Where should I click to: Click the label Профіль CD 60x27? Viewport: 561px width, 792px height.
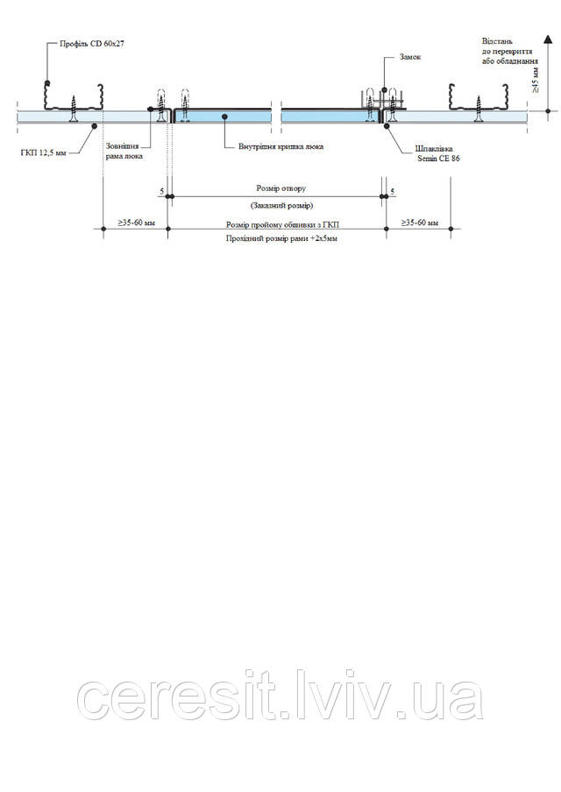91,44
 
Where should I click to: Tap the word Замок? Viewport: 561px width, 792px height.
410,57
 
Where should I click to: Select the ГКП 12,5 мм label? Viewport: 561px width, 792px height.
44,152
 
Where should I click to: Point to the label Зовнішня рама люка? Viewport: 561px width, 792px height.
124,151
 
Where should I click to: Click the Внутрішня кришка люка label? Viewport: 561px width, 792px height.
280,147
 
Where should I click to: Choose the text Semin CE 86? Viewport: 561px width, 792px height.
438,159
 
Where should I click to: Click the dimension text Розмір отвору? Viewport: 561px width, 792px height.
281,188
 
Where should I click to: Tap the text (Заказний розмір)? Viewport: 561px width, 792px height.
281,206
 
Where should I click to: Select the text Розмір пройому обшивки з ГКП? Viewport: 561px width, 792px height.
282,224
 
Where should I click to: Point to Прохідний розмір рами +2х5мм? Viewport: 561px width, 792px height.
281,238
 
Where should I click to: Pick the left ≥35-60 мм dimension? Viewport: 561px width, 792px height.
137,223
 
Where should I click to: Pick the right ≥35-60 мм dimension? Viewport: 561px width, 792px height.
420,223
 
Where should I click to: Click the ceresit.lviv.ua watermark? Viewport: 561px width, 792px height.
280,695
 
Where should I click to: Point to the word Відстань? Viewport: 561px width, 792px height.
497,42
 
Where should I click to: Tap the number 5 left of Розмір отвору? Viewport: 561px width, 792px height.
162,191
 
